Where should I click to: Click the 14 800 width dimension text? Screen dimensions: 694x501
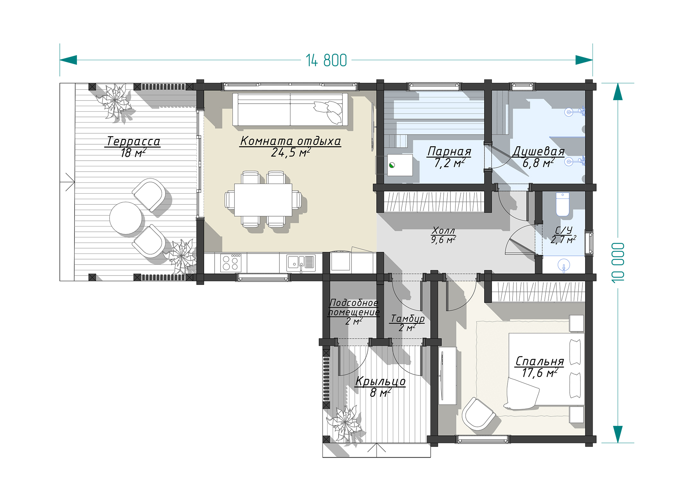(326, 60)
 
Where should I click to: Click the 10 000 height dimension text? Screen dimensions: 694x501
(618, 263)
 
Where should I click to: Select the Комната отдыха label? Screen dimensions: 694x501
(290, 141)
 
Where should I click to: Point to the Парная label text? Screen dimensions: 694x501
(449, 151)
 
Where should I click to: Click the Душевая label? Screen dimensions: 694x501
(538, 151)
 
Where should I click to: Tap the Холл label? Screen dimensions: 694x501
(443, 230)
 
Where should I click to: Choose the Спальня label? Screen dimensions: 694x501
(540, 361)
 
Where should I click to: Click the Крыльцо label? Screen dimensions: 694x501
(380, 381)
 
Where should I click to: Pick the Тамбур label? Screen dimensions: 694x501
(408, 319)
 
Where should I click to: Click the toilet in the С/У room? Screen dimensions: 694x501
(562, 204)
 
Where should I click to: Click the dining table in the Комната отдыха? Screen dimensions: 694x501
(263, 200)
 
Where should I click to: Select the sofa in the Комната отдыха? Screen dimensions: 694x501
(290, 110)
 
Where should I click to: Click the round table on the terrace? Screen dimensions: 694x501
(126, 218)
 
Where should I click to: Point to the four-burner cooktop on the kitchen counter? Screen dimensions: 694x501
(231, 263)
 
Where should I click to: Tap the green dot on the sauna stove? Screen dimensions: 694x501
(392, 165)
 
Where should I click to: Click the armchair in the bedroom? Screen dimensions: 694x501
(478, 413)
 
